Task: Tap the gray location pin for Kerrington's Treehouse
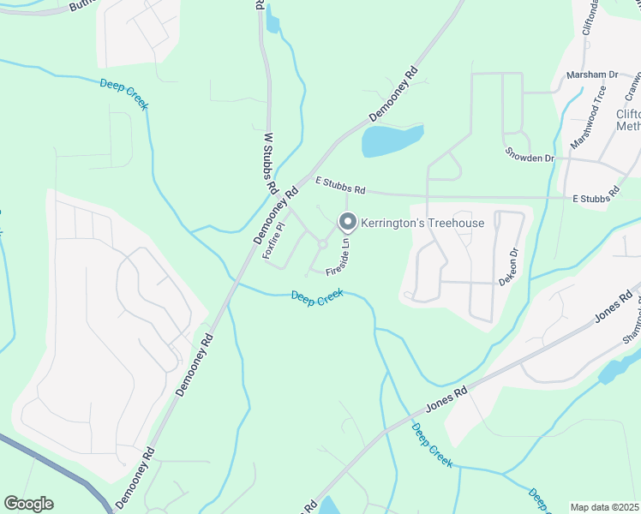(x=348, y=223)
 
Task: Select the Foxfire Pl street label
(x=273, y=241)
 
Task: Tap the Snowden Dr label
(x=530, y=158)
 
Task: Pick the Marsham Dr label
(x=592, y=75)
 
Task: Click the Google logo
(x=28, y=504)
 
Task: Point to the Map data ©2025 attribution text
(x=605, y=507)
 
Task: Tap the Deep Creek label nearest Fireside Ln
(x=317, y=296)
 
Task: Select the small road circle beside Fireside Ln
(x=323, y=244)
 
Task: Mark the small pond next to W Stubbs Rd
(x=273, y=19)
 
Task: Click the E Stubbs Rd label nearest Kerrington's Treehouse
(x=340, y=184)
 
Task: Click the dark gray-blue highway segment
(x=51, y=467)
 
